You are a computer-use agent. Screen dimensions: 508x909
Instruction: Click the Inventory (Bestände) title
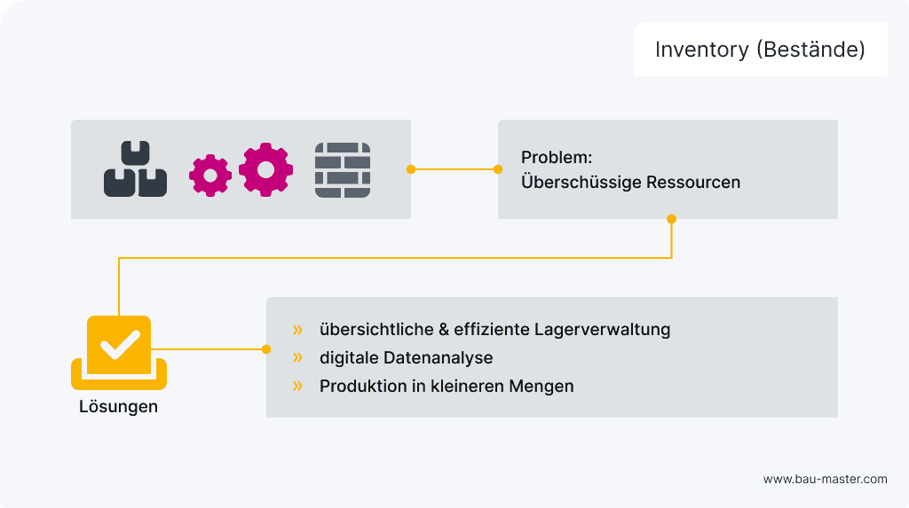point(760,50)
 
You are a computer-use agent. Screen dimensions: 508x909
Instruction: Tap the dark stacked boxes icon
point(135,168)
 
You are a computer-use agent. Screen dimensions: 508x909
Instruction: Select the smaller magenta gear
point(210,176)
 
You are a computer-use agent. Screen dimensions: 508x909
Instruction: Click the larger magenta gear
point(265,168)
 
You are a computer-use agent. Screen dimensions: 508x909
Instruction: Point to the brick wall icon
point(343,169)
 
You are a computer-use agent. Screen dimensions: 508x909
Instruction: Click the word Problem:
point(557,158)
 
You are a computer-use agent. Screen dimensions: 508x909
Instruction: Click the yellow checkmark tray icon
point(119,352)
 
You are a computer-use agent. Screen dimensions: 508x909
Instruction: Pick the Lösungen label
point(118,407)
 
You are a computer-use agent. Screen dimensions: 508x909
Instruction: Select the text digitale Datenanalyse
point(406,358)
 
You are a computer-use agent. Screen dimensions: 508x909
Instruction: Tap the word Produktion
point(360,387)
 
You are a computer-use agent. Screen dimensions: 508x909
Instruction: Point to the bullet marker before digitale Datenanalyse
point(297,358)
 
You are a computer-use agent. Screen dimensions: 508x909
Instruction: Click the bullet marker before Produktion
point(297,387)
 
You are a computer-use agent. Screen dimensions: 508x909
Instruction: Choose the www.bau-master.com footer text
point(825,479)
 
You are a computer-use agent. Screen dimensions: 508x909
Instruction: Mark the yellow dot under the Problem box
point(671,219)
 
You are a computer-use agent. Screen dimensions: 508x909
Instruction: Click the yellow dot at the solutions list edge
point(266,349)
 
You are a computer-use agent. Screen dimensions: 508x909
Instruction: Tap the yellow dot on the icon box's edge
point(411,168)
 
